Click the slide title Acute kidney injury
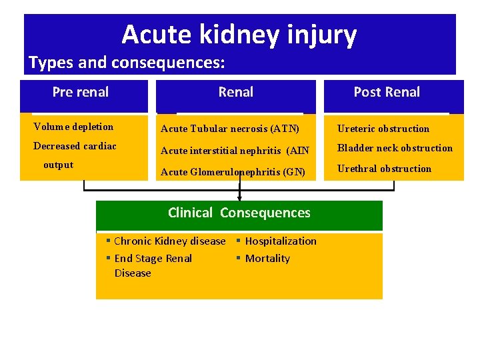coord(239,35)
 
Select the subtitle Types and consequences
coord(127,63)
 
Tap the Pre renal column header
coord(81,92)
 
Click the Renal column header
coord(236,92)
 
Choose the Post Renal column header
coord(387,92)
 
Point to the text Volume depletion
coord(73,127)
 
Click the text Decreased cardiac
coord(75,146)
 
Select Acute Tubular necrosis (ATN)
coord(230,129)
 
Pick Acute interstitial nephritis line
coord(235,151)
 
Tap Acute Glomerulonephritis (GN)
coord(233,172)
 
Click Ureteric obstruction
coord(383,129)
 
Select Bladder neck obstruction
coord(395,148)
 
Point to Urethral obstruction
coord(384,169)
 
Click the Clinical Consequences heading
coord(239,213)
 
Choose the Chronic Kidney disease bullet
coord(169,241)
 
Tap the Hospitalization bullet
coord(281,241)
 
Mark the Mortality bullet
coord(267,259)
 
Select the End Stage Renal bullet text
coord(153,259)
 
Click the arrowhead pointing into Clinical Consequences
coord(239,197)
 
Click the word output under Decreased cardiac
coord(58,165)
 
